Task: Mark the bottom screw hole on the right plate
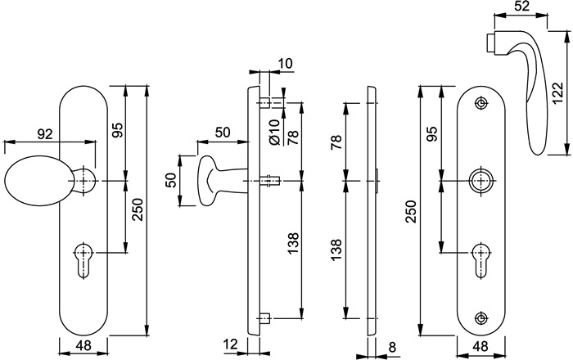tap(481, 316)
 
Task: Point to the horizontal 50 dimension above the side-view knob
tap(221, 133)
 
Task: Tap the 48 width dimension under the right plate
tap(481, 348)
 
